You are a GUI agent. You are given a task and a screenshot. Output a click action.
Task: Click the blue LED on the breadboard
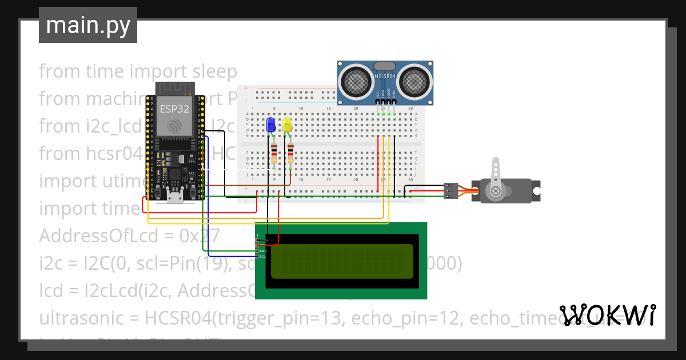pos(271,125)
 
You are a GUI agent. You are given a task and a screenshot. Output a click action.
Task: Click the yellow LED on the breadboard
pos(287,125)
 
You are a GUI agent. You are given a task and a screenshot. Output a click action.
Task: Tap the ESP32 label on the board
pos(175,109)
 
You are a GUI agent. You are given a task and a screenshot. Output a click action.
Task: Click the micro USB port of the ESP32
pos(175,197)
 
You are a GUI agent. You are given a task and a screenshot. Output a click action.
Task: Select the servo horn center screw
pos(496,190)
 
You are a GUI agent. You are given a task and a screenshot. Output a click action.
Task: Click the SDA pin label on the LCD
pos(262,251)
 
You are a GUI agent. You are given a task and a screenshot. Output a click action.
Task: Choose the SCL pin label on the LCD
pos(262,257)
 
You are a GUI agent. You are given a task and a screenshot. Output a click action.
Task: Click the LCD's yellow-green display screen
pos(341,261)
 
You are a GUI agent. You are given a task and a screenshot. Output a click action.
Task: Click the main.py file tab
pos(88,25)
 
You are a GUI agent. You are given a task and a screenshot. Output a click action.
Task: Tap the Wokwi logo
pos(608,315)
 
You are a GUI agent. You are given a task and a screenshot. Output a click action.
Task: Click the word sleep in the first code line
pos(213,71)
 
